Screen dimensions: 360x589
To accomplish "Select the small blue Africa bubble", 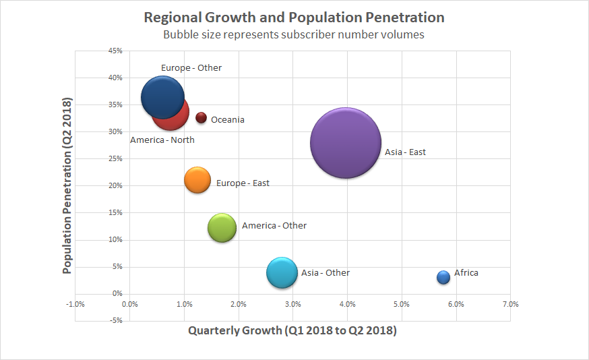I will (443, 277).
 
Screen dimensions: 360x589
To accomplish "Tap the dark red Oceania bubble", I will (201, 118).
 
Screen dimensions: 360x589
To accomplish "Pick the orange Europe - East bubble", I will (197, 180).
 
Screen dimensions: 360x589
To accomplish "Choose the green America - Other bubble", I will (222, 227).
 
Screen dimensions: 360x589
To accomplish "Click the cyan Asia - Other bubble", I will (282, 272).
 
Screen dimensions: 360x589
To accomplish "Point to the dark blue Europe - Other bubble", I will (162, 97).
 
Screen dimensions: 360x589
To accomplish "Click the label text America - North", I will (162, 140).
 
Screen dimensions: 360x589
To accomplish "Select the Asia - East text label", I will (405, 152).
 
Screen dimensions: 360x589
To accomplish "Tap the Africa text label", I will (466, 273).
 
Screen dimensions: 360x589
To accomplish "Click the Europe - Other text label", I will (191, 68).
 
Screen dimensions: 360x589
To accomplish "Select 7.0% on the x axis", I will (511, 304).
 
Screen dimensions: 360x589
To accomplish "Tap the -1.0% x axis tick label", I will (75, 304).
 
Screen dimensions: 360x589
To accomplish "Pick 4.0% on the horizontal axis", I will (347, 304).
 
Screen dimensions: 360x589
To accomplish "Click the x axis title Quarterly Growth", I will (292, 331).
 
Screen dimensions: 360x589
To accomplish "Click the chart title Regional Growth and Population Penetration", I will (294, 17).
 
